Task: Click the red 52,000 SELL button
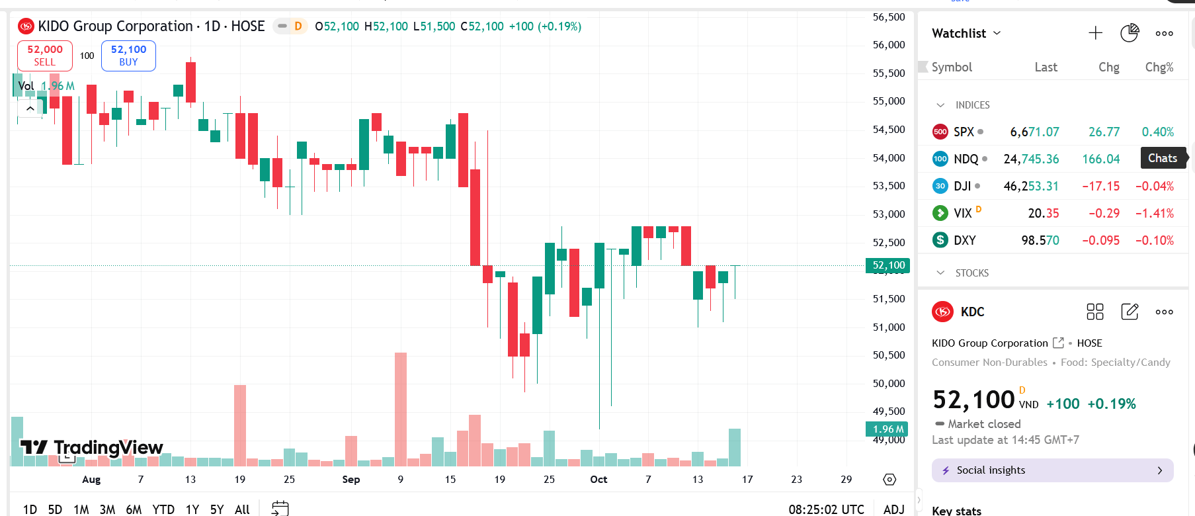44,56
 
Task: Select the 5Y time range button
217,509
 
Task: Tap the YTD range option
163,509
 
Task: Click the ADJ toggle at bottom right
893,509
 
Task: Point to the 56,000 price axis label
888,45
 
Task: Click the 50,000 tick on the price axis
888,384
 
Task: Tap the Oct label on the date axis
598,480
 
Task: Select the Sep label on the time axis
351,480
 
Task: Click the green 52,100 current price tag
887,265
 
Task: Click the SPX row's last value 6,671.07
1034,132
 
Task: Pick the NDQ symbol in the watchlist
966,159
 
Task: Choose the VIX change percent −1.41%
1154,214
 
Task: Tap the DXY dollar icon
940,240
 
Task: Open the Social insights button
1052,470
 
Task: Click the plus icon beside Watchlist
1095,33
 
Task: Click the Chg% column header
1159,67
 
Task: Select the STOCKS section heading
971,273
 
